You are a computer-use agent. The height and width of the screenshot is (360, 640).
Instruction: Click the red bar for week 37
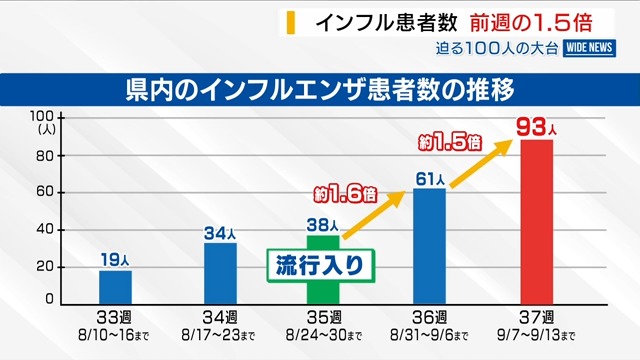(537, 222)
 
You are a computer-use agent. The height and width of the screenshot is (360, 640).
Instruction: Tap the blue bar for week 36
(429, 247)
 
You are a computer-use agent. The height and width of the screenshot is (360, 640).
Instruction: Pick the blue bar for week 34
(220, 274)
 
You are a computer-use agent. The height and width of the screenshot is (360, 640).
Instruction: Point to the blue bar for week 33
(116, 287)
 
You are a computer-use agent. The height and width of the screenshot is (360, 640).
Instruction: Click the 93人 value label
(536, 127)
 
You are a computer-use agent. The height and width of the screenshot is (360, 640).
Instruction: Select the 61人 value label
(430, 179)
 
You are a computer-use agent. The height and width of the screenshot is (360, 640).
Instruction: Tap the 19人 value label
(115, 260)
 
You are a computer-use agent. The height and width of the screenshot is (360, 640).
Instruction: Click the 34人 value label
(220, 233)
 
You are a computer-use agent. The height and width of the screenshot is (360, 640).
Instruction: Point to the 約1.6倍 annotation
(345, 195)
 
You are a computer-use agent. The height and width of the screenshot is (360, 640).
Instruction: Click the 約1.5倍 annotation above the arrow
(450, 142)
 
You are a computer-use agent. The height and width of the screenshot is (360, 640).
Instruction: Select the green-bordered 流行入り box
(321, 265)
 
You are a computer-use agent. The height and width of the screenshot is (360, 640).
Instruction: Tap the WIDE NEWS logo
(589, 48)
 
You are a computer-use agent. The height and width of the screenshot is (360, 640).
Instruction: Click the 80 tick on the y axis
(45, 156)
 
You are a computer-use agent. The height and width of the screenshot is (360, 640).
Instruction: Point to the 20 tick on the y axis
(45, 267)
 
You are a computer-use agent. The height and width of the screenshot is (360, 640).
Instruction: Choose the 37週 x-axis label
(536, 317)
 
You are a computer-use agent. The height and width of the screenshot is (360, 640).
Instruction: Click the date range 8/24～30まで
(324, 336)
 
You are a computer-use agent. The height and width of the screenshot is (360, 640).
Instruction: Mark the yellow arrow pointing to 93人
(481, 164)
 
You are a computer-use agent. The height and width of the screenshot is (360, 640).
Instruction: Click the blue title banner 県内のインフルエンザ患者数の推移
(320, 90)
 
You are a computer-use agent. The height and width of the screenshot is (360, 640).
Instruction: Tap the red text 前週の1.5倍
(531, 22)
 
